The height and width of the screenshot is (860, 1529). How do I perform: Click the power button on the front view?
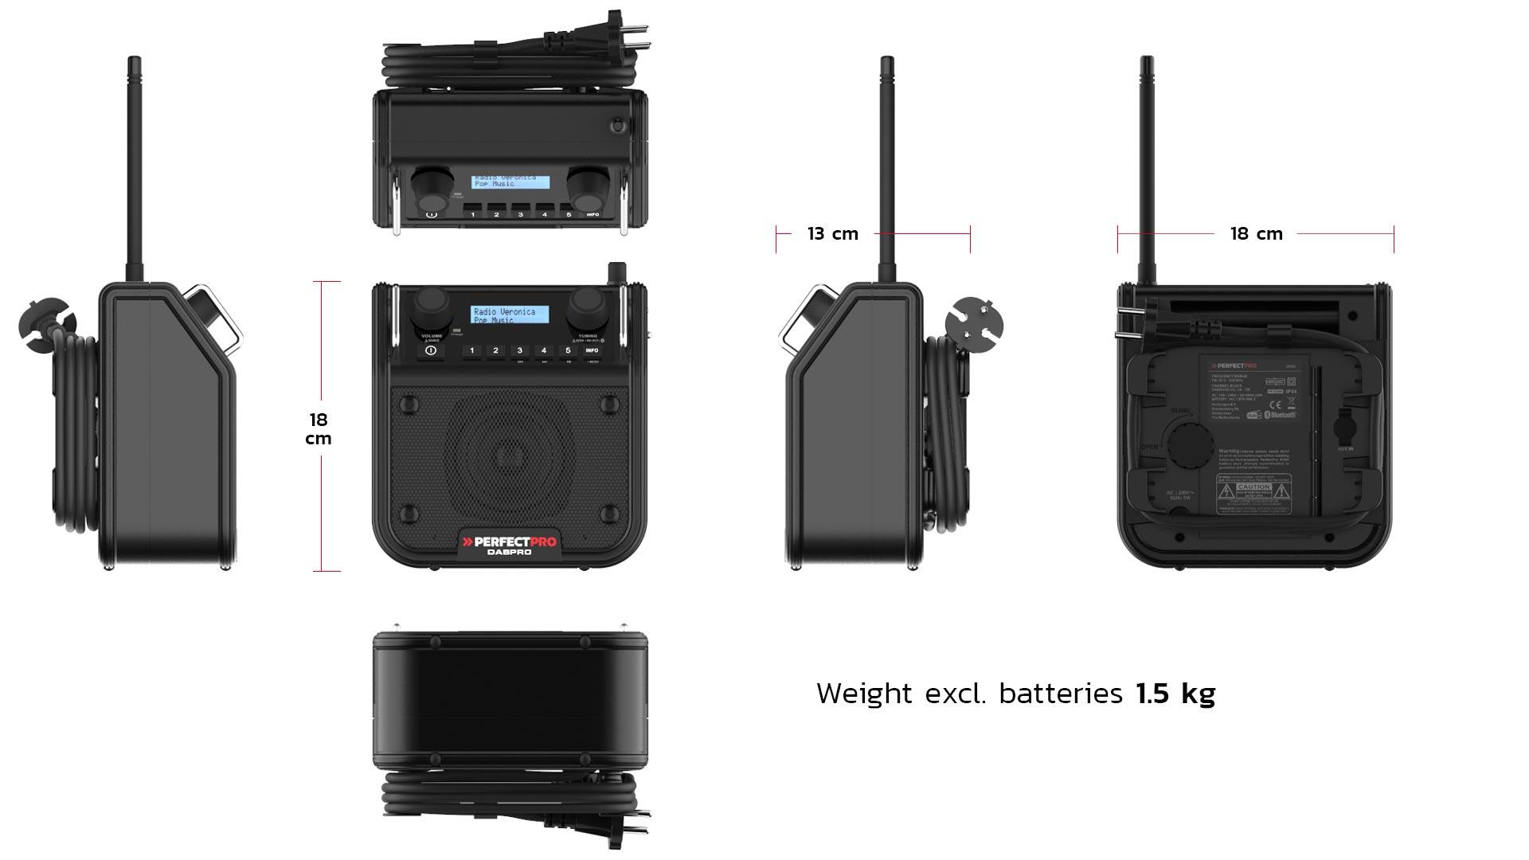click(431, 350)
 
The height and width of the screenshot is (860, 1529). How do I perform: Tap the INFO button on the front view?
click(592, 350)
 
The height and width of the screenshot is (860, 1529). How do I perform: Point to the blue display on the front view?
click(510, 315)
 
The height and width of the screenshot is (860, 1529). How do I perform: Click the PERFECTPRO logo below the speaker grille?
click(510, 542)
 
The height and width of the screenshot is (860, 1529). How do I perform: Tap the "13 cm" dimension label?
click(833, 234)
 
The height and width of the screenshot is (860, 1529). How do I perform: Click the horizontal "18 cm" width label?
click(1256, 234)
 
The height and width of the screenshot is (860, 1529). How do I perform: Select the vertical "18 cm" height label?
click(319, 429)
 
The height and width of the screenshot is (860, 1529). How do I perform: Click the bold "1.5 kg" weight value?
click(1175, 694)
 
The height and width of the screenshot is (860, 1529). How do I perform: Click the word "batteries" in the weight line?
click(1061, 694)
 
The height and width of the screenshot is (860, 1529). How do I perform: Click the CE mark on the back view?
click(1274, 404)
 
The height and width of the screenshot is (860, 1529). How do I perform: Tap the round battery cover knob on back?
click(1188, 442)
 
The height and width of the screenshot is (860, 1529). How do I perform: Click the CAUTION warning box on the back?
click(1253, 491)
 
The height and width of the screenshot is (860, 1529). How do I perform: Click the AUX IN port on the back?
click(1345, 430)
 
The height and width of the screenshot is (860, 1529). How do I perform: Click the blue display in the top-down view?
click(510, 182)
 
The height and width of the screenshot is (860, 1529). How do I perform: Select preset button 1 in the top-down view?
click(472, 214)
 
